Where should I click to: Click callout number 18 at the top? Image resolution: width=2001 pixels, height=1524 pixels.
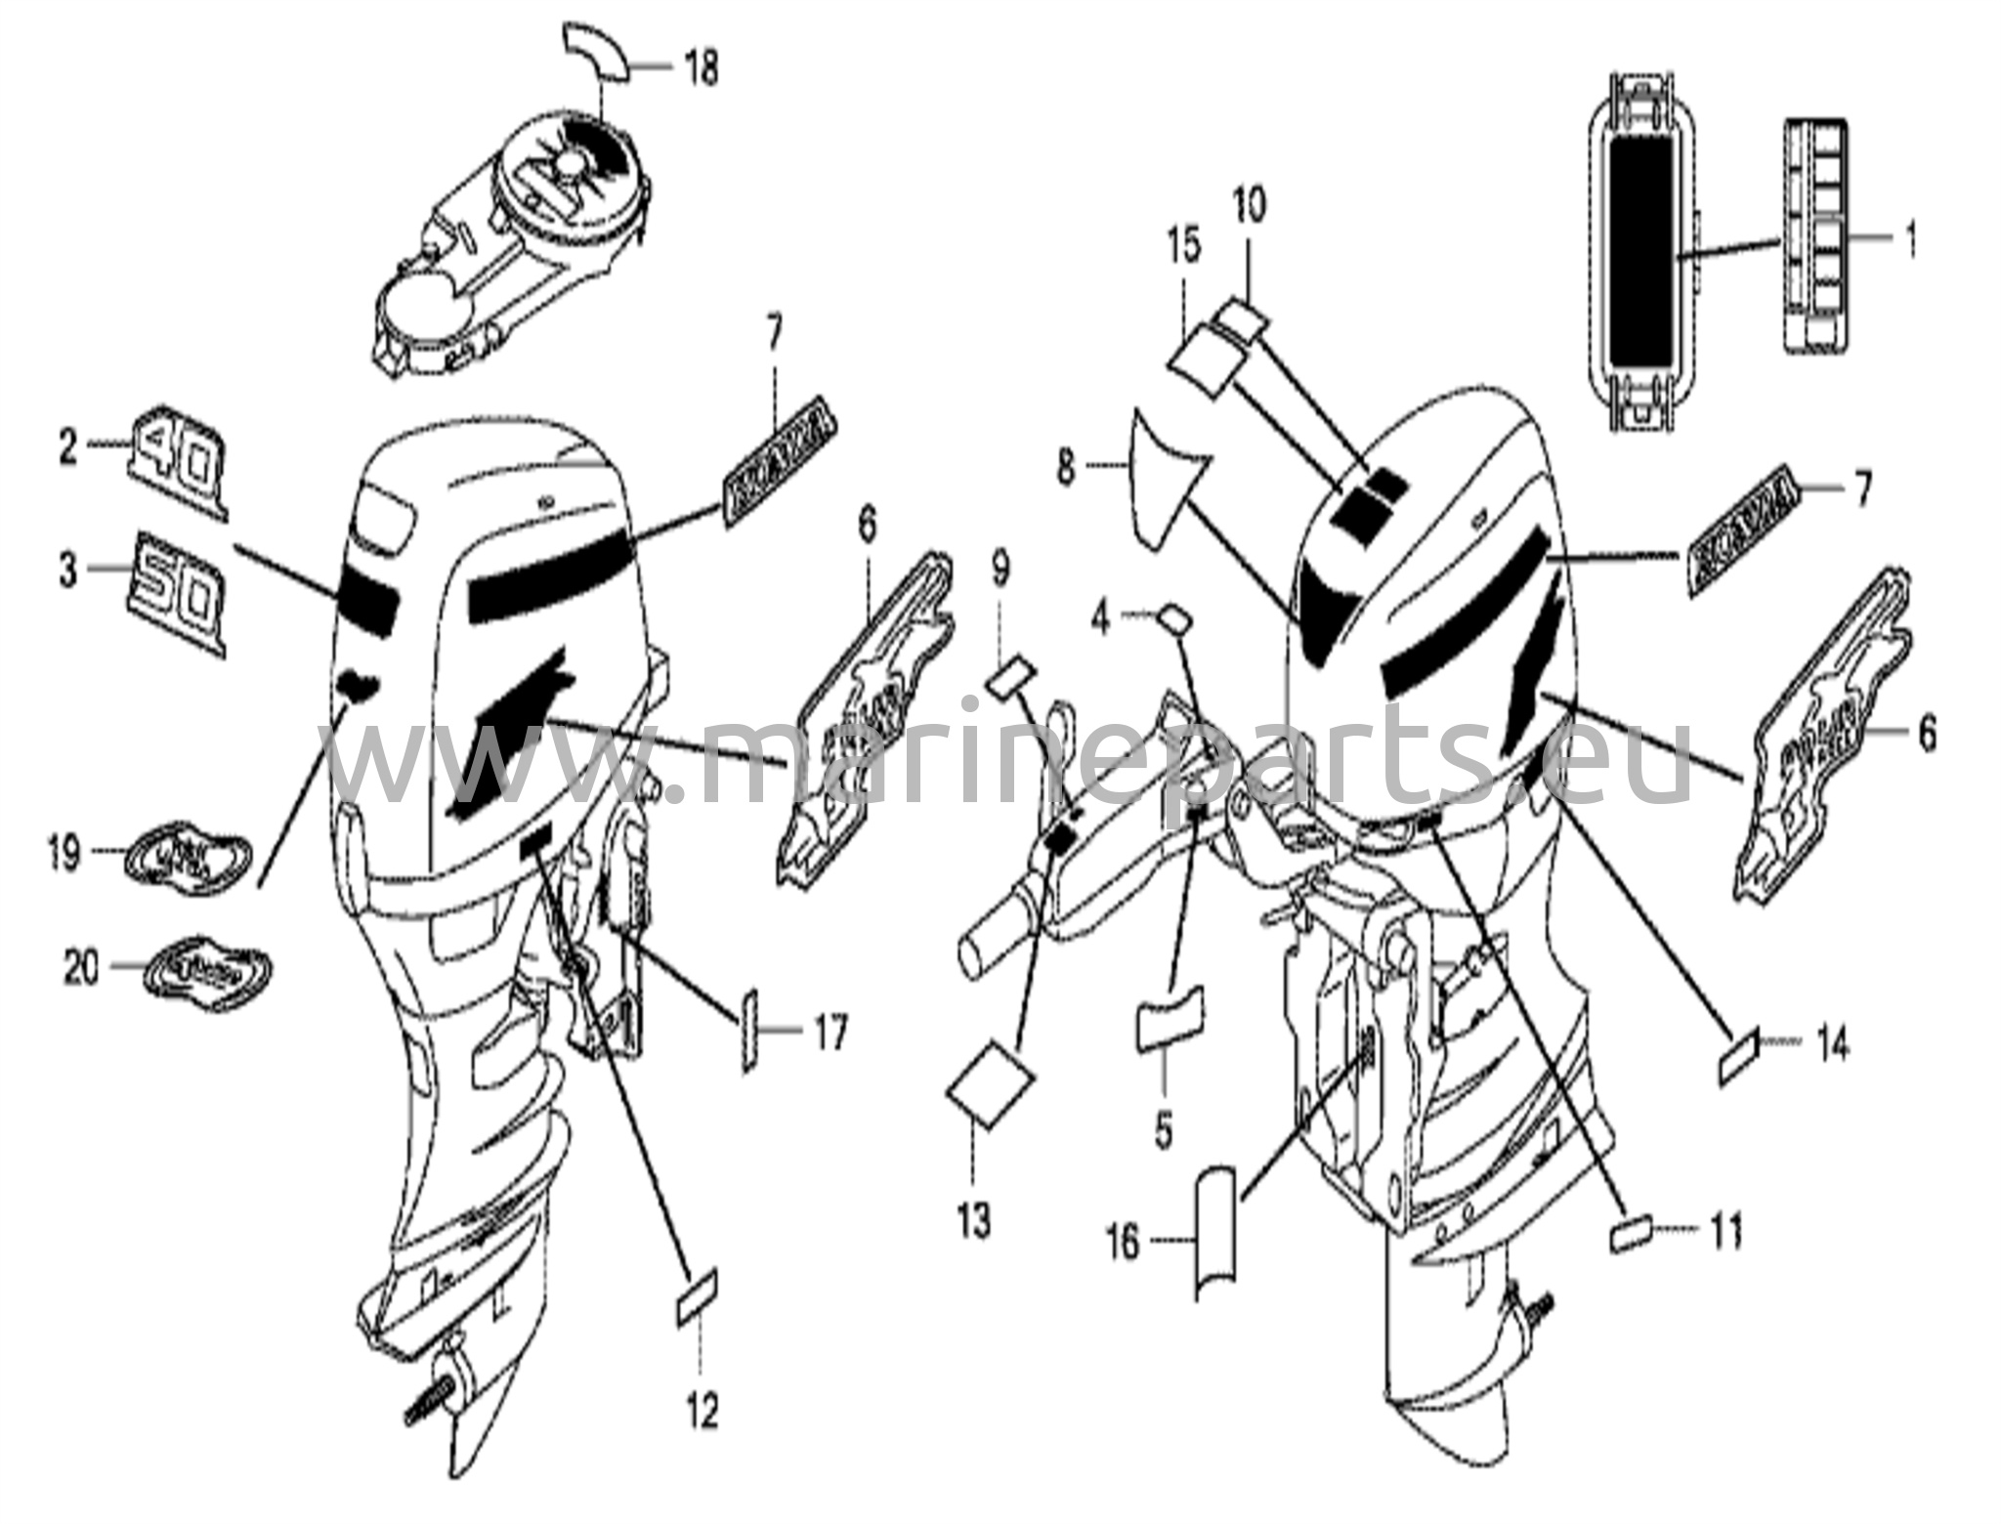pos(702,68)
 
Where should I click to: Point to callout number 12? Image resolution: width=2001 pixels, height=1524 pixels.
pos(702,1411)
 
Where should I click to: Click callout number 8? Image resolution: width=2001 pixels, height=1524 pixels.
pos(1065,469)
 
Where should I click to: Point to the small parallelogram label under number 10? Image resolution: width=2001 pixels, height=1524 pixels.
pos(1242,317)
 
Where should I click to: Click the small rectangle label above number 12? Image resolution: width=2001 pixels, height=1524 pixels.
pos(697,1295)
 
